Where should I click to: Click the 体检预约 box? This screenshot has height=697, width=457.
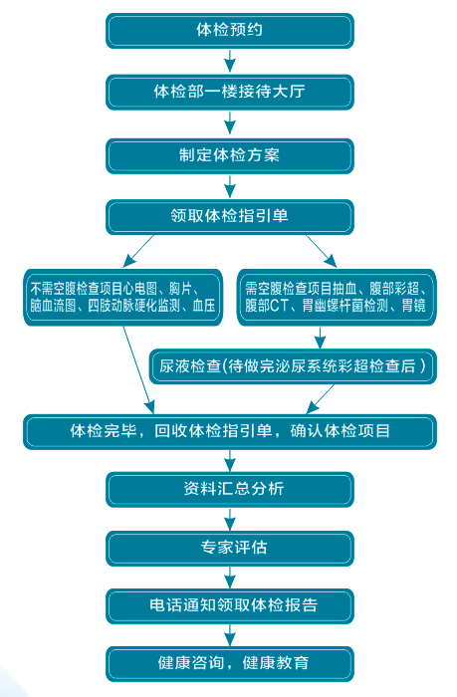[229, 30]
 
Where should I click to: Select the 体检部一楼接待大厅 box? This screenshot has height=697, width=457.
[229, 92]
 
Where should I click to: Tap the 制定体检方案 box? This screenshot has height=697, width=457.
[229, 155]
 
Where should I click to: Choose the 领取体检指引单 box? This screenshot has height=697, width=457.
[229, 216]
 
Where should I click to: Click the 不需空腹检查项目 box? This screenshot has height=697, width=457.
[122, 298]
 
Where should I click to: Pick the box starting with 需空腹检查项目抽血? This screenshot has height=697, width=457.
[337, 298]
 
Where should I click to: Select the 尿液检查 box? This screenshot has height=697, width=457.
[293, 366]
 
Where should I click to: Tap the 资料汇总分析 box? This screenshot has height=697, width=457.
[229, 489]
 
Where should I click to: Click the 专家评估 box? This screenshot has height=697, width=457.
[229, 548]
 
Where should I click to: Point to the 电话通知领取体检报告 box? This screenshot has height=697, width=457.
[229, 605]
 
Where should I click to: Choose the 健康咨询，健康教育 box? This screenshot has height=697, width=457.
[229, 664]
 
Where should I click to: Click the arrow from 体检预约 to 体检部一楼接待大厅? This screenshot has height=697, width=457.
[229, 61]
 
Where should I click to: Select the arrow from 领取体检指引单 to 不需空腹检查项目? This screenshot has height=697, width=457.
[138, 251]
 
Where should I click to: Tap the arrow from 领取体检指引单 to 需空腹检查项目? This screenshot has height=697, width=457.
[322, 251]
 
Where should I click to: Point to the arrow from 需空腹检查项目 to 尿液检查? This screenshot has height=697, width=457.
[320, 338]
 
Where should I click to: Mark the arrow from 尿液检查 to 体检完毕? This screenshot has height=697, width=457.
[321, 398]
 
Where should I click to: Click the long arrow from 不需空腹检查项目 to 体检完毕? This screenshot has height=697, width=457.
[138, 370]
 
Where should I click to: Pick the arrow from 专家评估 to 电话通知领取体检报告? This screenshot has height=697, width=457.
[229, 577]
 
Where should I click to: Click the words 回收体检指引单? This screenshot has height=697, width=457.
[213, 431]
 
